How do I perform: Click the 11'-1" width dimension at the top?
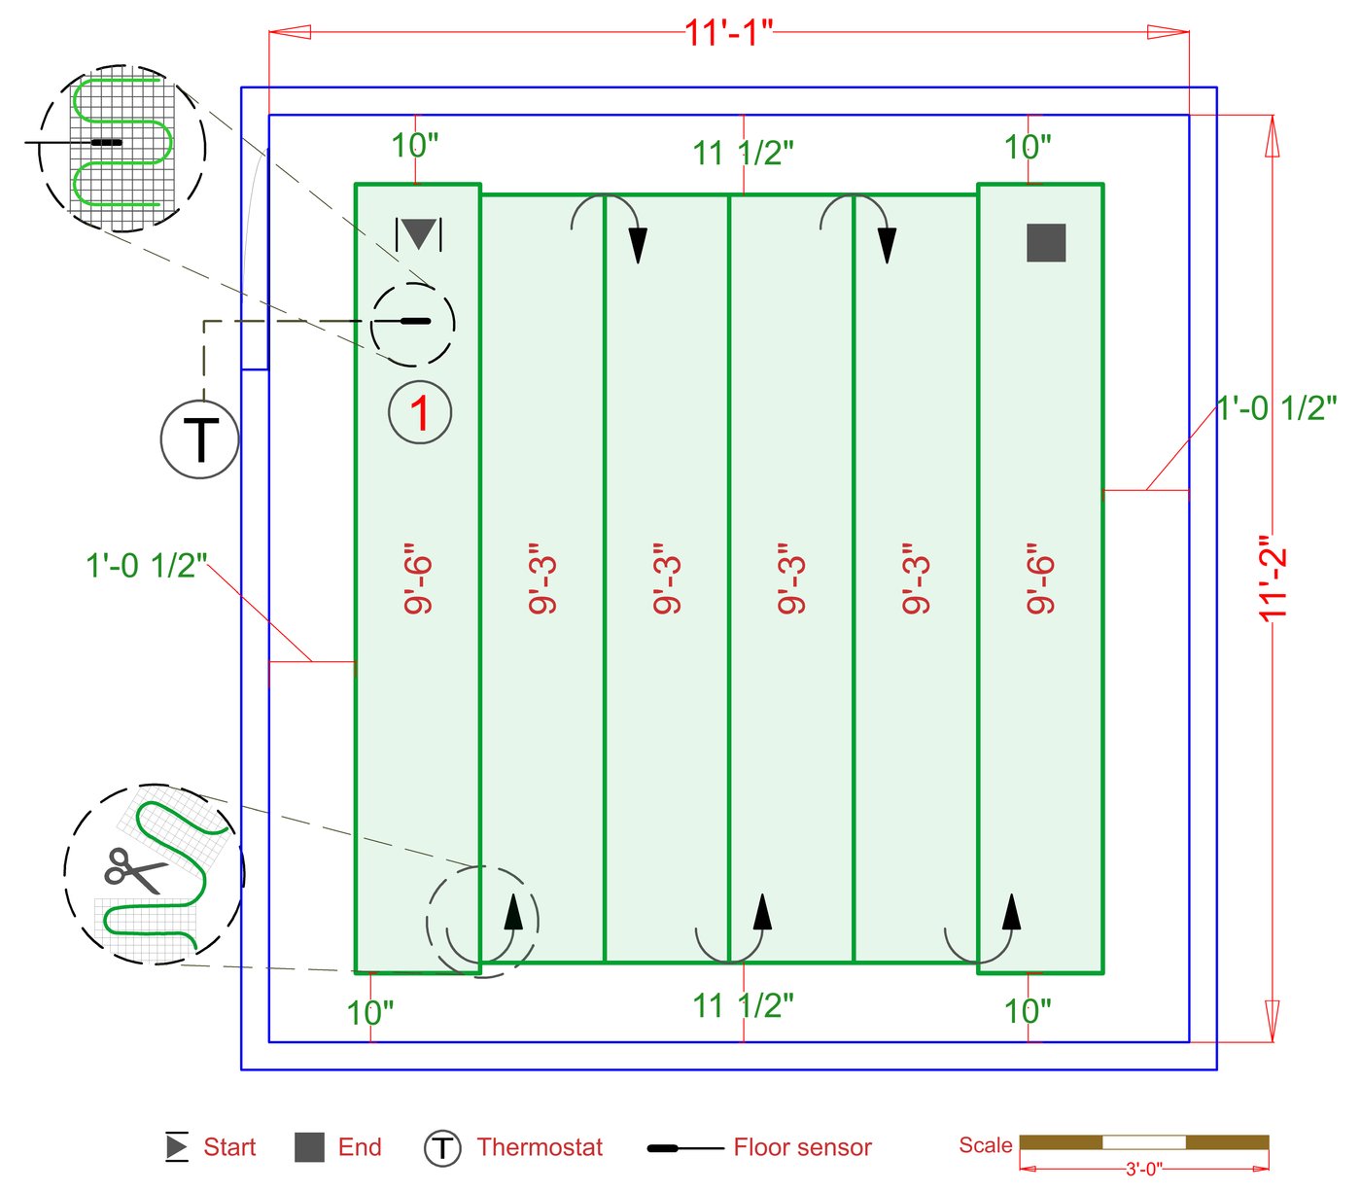click(728, 32)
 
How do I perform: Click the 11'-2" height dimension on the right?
click(1273, 578)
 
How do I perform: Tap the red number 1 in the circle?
click(420, 413)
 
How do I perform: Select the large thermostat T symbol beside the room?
click(200, 439)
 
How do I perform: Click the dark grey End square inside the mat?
click(1046, 243)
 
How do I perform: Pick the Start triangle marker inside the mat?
click(419, 234)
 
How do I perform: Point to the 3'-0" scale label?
click(1144, 1169)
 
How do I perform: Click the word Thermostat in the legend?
click(540, 1147)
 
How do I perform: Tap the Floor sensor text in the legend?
click(802, 1147)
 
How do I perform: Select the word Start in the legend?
click(229, 1147)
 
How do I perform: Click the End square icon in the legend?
click(309, 1147)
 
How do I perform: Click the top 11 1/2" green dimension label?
click(743, 154)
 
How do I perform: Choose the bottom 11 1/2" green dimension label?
click(743, 1005)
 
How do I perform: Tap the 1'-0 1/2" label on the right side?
click(1276, 408)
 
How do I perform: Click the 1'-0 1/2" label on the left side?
click(146, 565)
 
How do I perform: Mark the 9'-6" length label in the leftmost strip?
click(418, 578)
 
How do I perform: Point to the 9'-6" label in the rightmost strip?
click(1040, 578)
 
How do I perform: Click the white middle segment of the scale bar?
click(1144, 1142)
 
